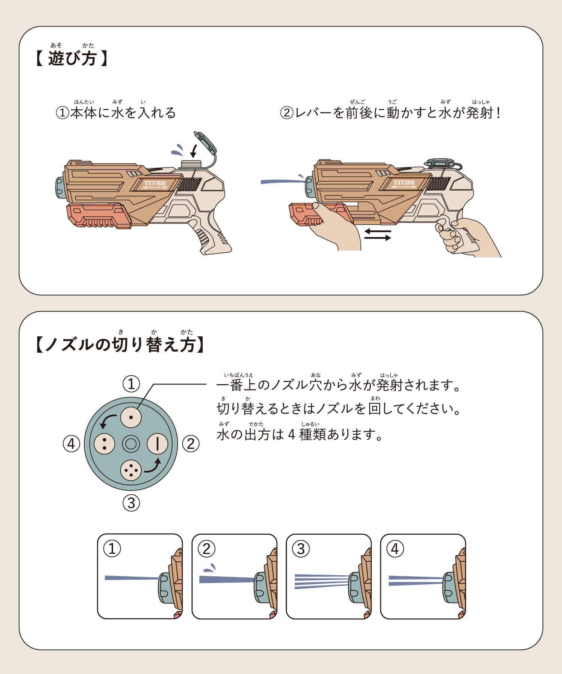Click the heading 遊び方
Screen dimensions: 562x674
point(72,58)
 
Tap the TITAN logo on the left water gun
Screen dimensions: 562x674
point(155,183)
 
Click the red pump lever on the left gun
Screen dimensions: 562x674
point(99,216)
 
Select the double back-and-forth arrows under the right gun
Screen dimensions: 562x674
point(378,234)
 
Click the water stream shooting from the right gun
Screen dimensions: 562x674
point(283,182)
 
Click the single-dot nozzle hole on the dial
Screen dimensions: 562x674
point(131,417)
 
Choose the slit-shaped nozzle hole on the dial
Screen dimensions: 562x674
point(157,444)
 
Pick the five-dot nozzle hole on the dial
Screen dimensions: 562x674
point(131,470)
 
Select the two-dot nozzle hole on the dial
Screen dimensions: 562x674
point(104,444)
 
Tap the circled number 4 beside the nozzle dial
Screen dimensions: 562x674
point(71,444)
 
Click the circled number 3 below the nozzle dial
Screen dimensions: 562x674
point(131,503)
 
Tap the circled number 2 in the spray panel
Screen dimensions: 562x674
point(206,549)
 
